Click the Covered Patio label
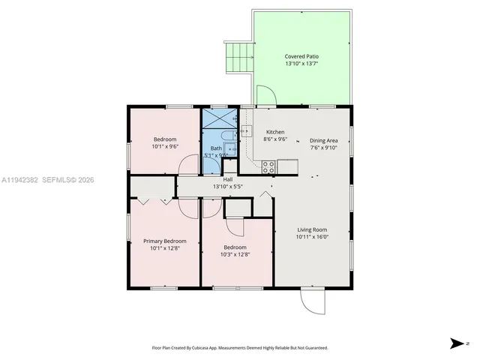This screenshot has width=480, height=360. tap(301, 56)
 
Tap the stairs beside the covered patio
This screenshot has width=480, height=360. tap(238, 57)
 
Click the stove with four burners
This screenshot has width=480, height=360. tap(268, 166)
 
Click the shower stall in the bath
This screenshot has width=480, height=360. tap(218, 121)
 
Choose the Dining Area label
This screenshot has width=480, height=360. tap(324, 140)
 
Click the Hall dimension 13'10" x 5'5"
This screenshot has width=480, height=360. tap(227, 186)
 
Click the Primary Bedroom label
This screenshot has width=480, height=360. tap(165, 241)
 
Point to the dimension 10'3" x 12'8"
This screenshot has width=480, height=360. tap(235, 254)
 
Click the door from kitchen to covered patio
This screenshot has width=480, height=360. tap(265, 96)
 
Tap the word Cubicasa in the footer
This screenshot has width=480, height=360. tap(210, 348)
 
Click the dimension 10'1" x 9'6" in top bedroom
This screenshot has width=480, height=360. tap(165, 147)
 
